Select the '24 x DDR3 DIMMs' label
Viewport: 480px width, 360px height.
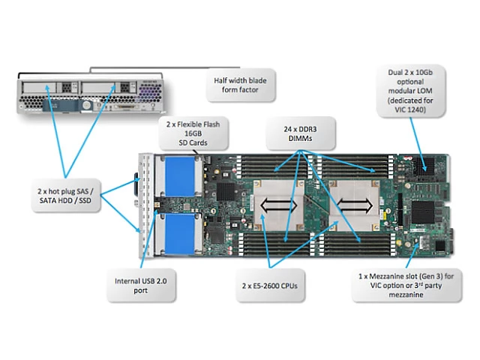298,133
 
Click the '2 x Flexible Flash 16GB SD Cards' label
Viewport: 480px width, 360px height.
193,133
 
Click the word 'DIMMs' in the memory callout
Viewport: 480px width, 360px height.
298,139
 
